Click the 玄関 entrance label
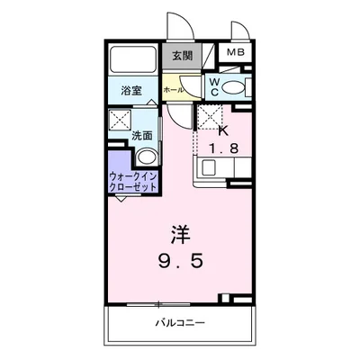pos(183,56)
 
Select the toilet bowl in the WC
pos(233,87)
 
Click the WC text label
pos(215,87)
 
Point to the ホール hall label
pos(173,90)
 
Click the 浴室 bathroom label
pos(130,91)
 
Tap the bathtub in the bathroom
pos(131,60)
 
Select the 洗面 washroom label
pos(142,136)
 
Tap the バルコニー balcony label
pos(180,321)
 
